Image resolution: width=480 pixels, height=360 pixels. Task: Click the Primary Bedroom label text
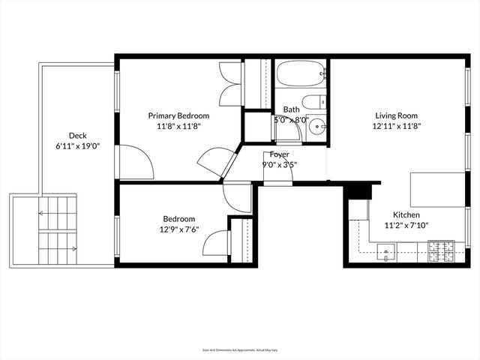tap(178, 116)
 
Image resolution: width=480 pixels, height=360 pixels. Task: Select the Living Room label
tap(396, 116)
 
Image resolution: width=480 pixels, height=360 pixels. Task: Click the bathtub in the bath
tap(300, 74)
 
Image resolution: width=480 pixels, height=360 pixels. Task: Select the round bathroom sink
tap(316, 127)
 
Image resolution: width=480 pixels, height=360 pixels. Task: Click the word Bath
tap(291, 109)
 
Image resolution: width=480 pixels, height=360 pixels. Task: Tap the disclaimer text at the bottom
tap(239, 350)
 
